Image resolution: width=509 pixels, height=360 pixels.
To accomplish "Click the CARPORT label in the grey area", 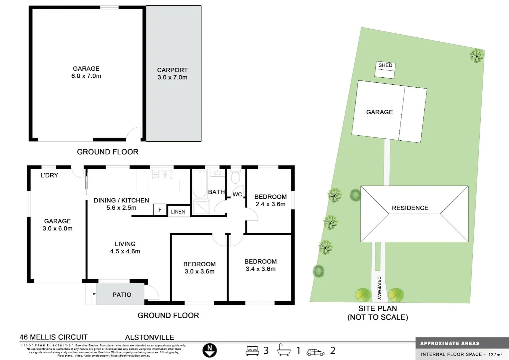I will tap(172, 70).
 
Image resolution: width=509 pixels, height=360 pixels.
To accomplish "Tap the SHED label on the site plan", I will tap(385, 65).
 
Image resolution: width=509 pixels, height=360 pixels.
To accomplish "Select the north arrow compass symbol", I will tap(210, 350).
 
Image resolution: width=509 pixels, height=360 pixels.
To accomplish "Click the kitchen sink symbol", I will tap(162, 174).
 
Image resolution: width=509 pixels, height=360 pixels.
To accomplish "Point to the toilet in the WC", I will tap(236, 177).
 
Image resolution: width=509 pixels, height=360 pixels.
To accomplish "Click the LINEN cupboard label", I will tap(178, 212).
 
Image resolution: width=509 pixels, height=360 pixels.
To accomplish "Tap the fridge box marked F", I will tap(160, 210).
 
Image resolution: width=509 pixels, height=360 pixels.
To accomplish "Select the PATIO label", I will tap(122, 295).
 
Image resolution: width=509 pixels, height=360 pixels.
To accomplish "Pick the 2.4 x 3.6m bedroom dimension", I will tap(270, 204).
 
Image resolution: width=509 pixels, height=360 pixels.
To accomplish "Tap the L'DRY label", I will tap(49, 175).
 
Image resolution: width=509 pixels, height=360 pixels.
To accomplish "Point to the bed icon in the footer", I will tap(253, 351).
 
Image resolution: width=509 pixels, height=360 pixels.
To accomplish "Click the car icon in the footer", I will tap(315, 352).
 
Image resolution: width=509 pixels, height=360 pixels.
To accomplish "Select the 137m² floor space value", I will tap(495, 354).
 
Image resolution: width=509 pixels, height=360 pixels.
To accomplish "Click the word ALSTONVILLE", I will tap(150, 337).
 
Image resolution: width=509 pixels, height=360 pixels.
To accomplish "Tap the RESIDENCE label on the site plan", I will tap(410, 208).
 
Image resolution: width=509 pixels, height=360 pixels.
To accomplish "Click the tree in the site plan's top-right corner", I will tap(477, 55).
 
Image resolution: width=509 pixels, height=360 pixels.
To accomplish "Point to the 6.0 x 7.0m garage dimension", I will tap(86, 76).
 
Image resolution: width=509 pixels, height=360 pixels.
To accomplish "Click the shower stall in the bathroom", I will tap(201, 207).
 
